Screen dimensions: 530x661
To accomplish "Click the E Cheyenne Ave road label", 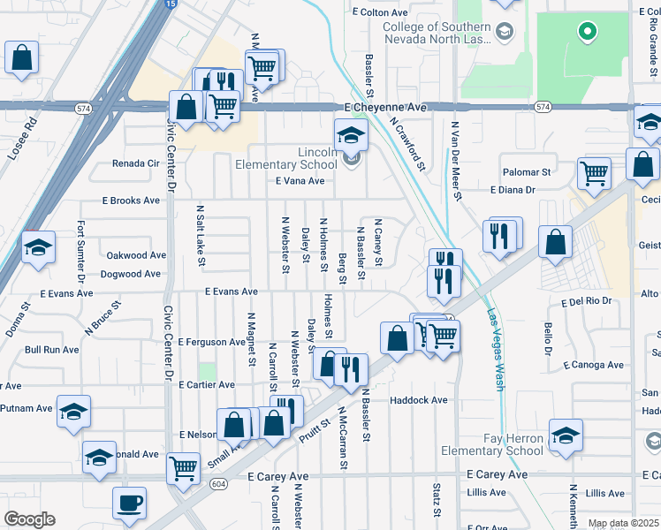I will pos(385,107).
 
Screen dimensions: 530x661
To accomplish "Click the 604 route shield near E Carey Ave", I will pos(216,483).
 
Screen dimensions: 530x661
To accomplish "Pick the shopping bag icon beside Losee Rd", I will pos(22,58).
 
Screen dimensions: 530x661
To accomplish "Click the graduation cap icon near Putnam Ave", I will pos(74,411).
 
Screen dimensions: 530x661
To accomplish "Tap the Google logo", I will pos(29,519).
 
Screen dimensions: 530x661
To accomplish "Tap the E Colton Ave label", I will pos(380,13).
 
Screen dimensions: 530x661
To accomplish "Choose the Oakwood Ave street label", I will pos(136,255).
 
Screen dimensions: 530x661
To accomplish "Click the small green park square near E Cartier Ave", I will pos(208,371).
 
